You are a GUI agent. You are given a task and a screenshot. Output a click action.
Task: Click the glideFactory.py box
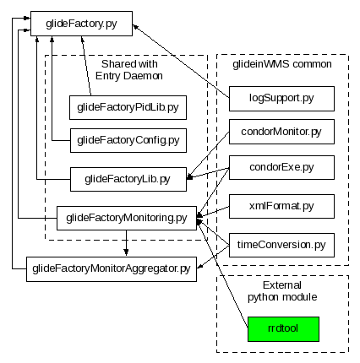tap(81, 24)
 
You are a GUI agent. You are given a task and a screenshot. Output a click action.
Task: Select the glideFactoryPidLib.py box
tap(128, 107)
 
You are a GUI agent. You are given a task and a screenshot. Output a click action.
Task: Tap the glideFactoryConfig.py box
tap(128, 140)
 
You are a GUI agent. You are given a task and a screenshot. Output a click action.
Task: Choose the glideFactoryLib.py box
tap(128, 179)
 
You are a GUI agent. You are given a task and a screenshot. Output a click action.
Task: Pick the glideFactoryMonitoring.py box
tap(127, 218)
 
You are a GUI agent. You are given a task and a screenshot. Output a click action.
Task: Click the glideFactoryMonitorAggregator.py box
tap(112, 269)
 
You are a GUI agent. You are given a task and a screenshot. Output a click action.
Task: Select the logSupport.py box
tap(281, 99)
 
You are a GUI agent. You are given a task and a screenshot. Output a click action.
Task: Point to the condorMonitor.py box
tap(281, 132)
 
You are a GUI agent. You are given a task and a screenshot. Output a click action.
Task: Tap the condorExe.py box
tap(281, 167)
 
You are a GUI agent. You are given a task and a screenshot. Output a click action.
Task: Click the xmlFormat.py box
tap(281, 206)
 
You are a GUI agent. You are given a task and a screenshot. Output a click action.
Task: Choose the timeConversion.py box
tap(281, 245)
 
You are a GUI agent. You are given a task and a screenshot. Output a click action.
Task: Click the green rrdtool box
tap(283, 329)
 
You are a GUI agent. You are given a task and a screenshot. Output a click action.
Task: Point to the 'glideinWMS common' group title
tap(282, 64)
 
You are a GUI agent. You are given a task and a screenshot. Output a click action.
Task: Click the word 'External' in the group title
tap(282, 285)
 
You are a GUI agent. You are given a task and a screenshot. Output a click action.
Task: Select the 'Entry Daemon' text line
tap(129, 76)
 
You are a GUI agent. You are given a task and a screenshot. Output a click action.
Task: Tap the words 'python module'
tap(282, 297)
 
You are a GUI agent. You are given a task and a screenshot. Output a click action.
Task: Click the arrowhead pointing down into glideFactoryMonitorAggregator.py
tap(126, 252)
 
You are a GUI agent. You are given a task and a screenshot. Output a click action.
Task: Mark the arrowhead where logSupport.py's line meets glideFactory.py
tap(135, 26)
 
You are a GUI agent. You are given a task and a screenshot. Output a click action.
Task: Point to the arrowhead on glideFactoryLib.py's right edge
tap(190, 177)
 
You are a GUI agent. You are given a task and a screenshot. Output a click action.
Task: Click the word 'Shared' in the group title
tap(114, 64)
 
